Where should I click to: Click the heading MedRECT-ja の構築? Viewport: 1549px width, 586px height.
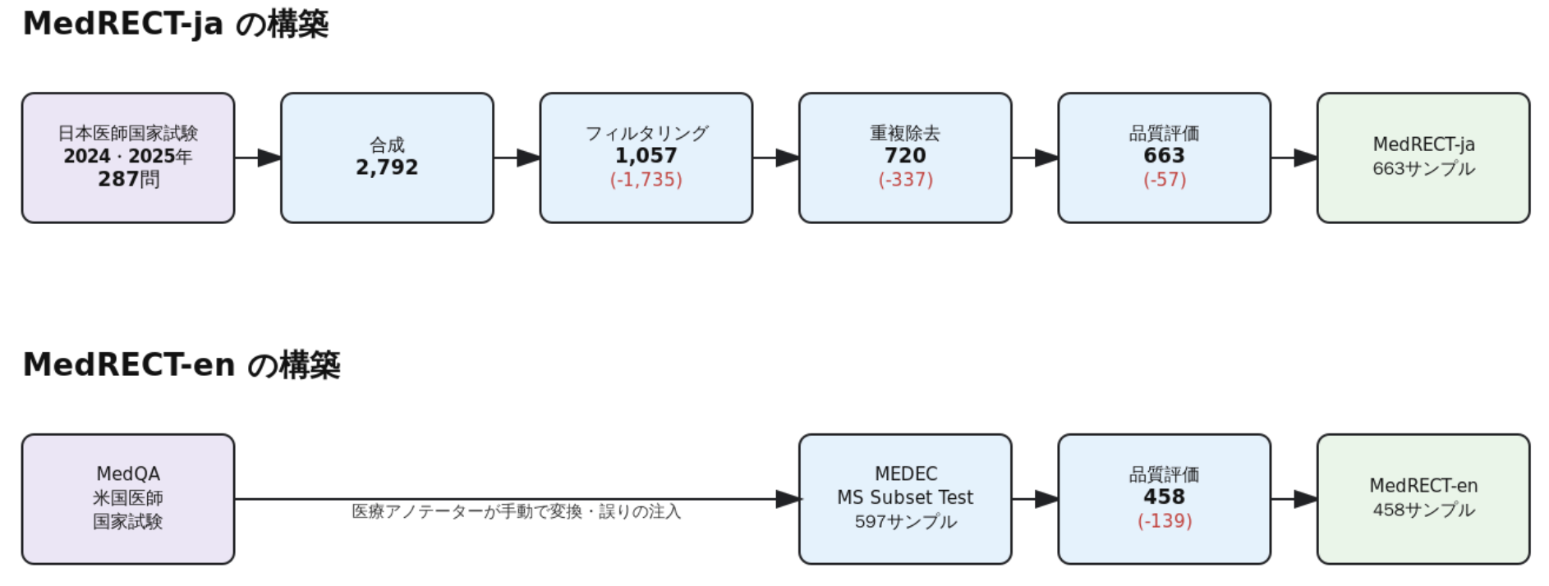(175, 24)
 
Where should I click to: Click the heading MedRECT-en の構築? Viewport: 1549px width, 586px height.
(181, 364)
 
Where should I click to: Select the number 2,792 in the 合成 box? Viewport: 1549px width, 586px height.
(387, 167)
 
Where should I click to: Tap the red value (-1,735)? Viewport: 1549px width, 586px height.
(646, 180)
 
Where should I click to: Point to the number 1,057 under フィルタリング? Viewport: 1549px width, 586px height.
(646, 156)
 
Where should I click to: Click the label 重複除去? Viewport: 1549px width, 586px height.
(904, 133)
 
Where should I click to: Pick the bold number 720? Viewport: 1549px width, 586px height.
(904, 156)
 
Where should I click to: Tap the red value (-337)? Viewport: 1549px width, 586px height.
(905, 180)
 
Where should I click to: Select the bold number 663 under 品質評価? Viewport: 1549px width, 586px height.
(1164, 156)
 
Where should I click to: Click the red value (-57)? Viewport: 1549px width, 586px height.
(1164, 180)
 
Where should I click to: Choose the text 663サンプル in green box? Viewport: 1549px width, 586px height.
(1423, 169)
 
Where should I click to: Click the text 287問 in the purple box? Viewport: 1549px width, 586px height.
(128, 179)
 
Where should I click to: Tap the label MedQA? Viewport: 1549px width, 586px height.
(128, 474)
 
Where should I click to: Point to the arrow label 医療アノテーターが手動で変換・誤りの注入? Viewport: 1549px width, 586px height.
(516, 512)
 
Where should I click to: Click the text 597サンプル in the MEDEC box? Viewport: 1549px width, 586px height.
(905, 522)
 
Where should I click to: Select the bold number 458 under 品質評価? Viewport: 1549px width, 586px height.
(1164, 497)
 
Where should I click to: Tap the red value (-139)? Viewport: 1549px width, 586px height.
(1164, 521)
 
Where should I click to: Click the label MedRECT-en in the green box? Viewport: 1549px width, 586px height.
(1423, 486)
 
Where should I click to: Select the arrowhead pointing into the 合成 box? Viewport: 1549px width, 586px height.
(269, 158)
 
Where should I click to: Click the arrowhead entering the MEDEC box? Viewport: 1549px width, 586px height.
(788, 499)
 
